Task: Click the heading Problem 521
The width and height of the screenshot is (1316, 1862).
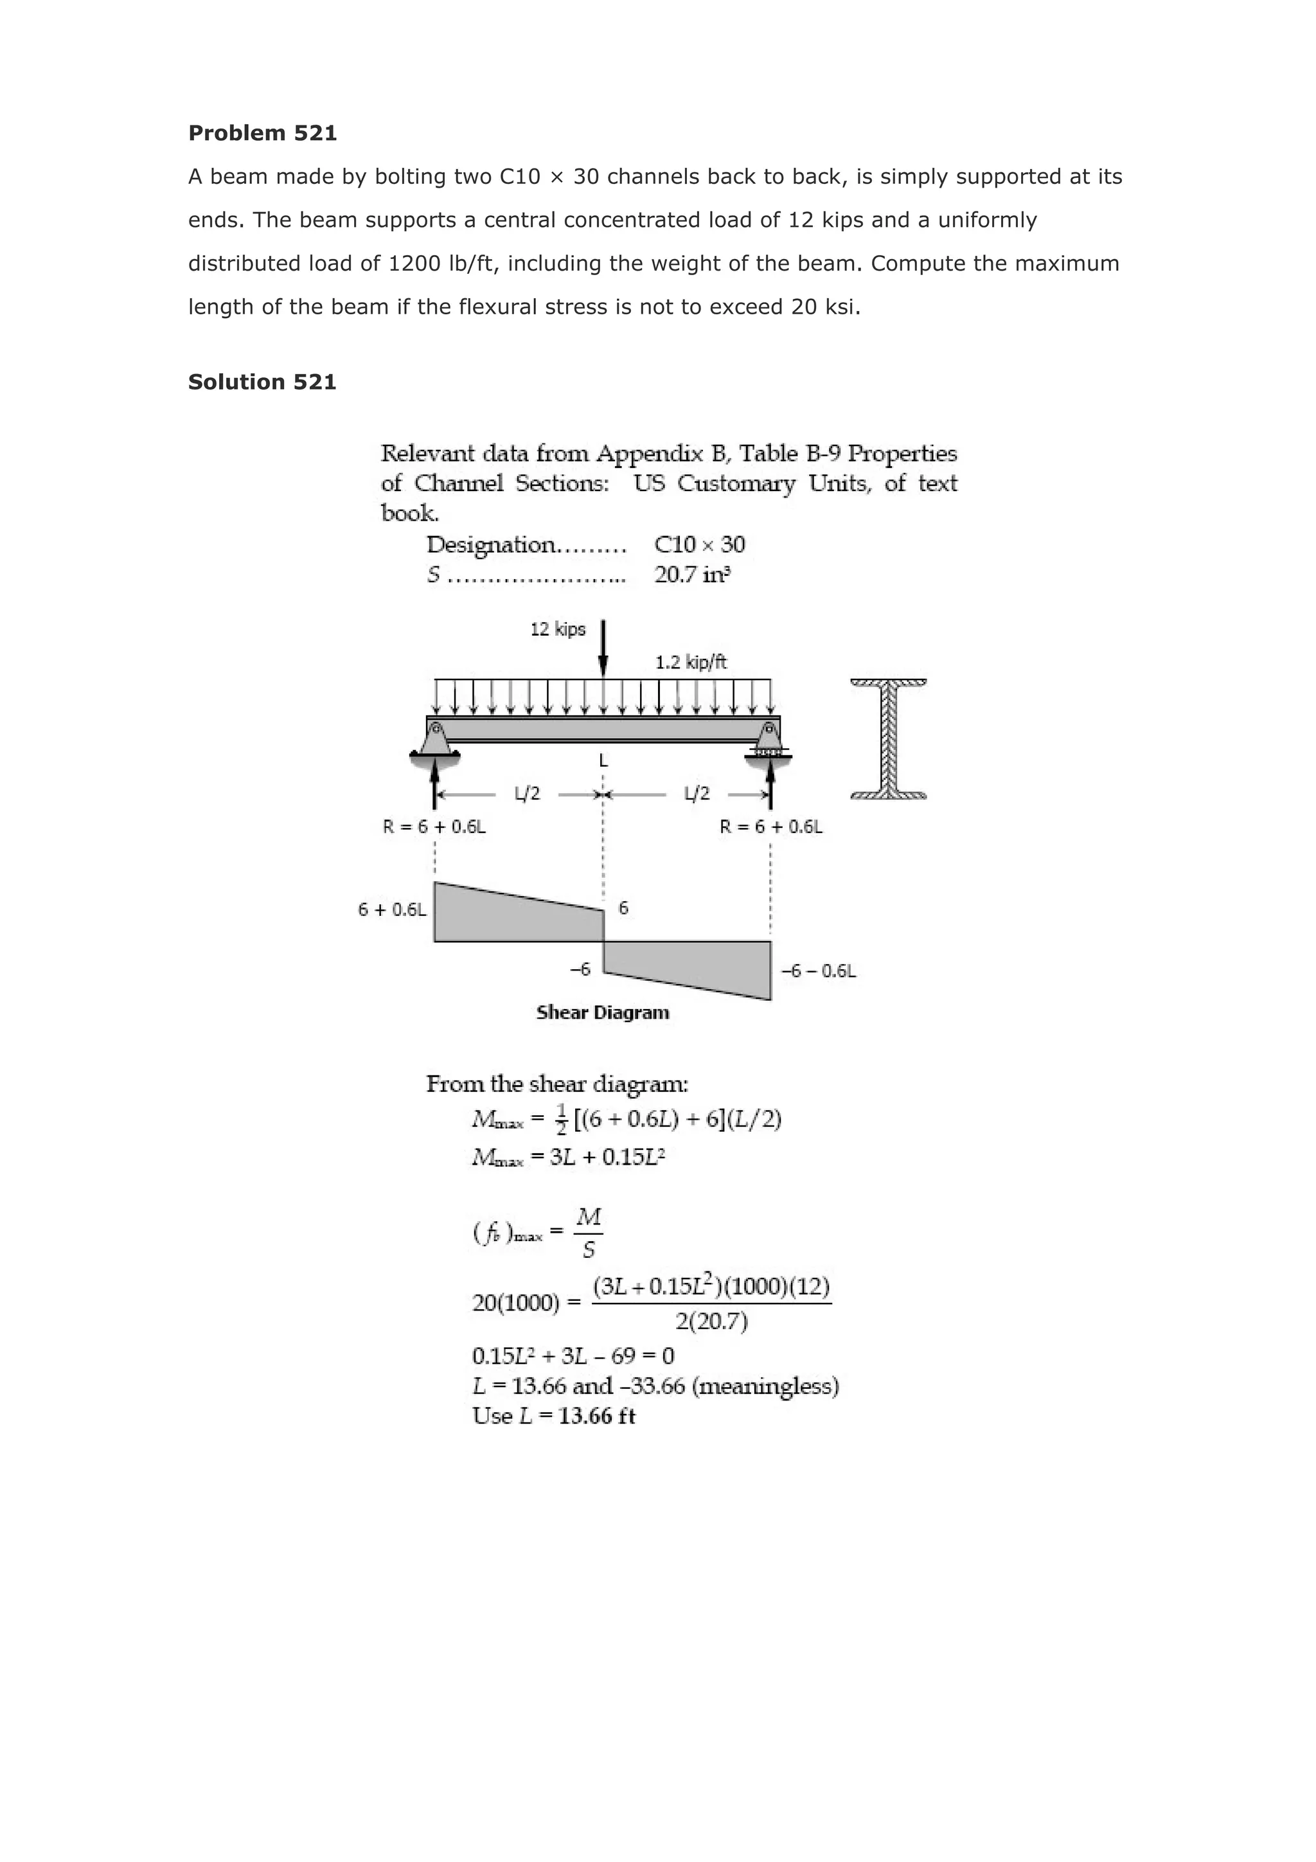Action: pyautogui.click(x=262, y=133)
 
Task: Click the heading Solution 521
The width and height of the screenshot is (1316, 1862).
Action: pyautogui.click(x=262, y=382)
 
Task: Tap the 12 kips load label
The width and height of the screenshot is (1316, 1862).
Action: pyautogui.click(x=557, y=629)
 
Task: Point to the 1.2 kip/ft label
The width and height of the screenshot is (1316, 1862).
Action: pyautogui.click(x=691, y=662)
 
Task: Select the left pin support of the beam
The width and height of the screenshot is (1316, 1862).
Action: pyautogui.click(x=436, y=740)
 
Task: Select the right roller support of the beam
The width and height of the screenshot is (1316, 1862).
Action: pyautogui.click(x=769, y=740)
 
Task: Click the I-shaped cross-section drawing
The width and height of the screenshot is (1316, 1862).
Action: pyautogui.click(x=889, y=739)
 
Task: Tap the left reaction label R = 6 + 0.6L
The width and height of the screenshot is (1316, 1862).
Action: pyautogui.click(x=434, y=827)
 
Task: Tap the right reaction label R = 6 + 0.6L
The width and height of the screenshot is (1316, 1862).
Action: pyautogui.click(x=771, y=827)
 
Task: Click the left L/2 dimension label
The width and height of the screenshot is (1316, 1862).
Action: pyautogui.click(x=527, y=793)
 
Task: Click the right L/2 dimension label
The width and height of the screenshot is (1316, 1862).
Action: pyautogui.click(x=697, y=793)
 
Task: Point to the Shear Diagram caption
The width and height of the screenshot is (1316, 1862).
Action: pyautogui.click(x=603, y=1012)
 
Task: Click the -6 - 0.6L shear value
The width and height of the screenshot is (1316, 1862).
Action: pyautogui.click(x=817, y=971)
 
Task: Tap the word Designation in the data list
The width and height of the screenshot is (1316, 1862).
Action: pyautogui.click(x=490, y=544)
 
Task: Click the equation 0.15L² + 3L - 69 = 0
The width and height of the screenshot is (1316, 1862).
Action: pyautogui.click(x=573, y=1355)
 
